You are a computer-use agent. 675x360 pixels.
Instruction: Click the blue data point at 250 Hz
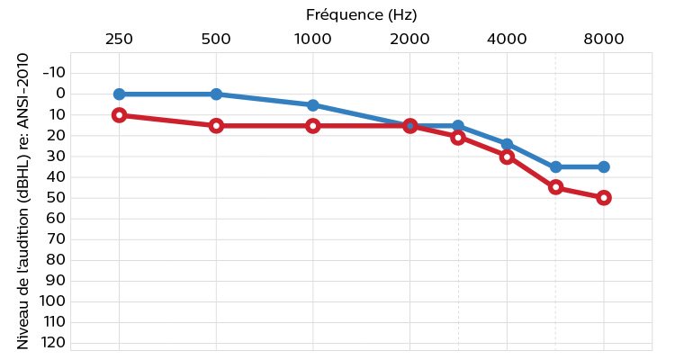119,94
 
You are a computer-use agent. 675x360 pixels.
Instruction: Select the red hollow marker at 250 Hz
119,115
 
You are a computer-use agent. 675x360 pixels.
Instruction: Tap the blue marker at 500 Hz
216,94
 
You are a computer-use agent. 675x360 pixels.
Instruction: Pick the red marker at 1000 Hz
312,126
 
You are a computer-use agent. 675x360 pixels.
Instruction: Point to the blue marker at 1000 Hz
312,105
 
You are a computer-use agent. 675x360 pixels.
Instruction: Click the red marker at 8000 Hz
603,198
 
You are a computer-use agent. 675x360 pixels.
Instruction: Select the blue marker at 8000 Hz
603,166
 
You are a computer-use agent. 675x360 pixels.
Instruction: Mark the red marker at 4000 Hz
507,157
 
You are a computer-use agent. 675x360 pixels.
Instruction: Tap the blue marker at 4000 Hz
507,144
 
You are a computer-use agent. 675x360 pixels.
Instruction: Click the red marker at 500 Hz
216,126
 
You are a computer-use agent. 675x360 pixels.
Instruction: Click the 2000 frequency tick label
409,39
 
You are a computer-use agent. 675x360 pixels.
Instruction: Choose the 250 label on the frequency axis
119,39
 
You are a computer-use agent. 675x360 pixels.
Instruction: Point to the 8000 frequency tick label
603,39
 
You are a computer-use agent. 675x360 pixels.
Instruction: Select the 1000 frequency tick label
312,39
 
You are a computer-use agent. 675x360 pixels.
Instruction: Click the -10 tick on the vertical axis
54,72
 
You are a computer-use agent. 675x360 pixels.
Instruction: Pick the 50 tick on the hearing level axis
54,197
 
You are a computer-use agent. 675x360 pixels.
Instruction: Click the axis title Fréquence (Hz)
362,14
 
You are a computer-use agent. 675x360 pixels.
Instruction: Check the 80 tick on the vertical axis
54,259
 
